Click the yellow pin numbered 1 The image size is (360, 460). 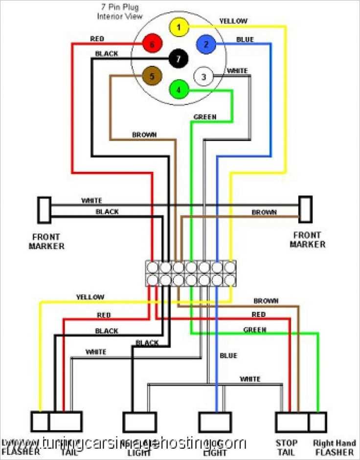179,27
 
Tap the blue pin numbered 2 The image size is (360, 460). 206,45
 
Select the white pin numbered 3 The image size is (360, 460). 203,76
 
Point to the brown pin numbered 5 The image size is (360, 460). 152,76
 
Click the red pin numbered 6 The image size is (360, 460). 152,45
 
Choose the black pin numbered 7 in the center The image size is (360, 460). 179,59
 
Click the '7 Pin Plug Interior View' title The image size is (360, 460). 120,12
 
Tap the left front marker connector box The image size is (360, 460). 45,209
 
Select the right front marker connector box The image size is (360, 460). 306,209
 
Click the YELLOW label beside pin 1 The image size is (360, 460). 233,21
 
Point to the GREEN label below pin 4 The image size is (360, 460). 205,117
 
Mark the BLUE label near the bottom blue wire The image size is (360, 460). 228,355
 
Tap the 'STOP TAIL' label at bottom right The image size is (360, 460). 286,448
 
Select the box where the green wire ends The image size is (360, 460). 317,421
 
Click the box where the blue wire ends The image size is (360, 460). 215,421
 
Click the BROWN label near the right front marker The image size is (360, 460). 264,212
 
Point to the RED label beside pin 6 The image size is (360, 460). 97,38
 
